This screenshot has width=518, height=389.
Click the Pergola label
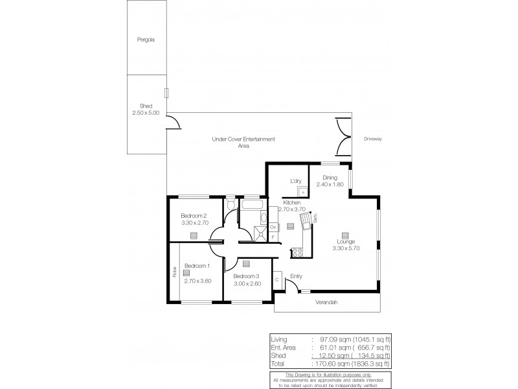point(146,40)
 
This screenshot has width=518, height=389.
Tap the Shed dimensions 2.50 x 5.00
point(146,113)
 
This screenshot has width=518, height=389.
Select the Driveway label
point(373,138)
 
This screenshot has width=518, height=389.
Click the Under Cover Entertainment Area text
point(243,143)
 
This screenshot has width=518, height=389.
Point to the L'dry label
point(297,180)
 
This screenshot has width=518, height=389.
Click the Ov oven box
point(273,228)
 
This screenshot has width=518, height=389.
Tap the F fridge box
point(273,237)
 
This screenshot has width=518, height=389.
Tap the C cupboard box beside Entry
point(277,279)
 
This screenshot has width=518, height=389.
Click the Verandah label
point(327,302)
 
